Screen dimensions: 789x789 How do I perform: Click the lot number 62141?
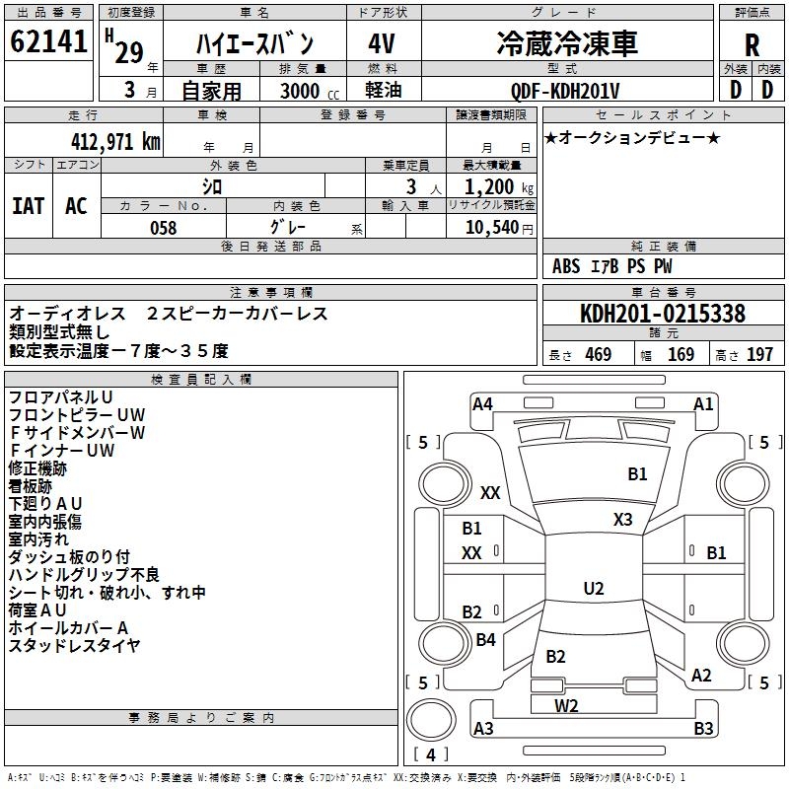(x=48, y=41)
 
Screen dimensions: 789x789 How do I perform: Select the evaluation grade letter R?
(x=752, y=45)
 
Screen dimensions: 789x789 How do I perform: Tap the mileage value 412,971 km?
(x=115, y=142)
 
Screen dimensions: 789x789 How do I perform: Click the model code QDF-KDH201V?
(x=564, y=91)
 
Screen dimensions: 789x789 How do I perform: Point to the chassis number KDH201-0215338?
(x=663, y=314)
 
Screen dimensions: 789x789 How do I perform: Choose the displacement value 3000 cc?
(x=310, y=91)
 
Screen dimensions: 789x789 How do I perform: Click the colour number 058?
(x=164, y=228)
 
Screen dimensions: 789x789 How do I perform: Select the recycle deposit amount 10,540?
(x=492, y=228)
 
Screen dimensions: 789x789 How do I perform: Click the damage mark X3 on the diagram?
(x=622, y=520)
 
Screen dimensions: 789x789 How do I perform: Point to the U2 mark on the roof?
(x=594, y=588)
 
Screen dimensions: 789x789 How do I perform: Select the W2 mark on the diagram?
(x=566, y=706)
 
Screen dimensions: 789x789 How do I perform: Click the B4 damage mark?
(x=485, y=639)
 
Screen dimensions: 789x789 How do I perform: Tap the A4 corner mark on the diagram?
(x=482, y=404)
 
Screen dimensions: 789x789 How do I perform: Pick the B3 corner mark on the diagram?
(x=703, y=728)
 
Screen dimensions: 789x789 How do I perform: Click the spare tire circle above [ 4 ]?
(x=431, y=720)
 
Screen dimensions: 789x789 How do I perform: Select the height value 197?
(x=759, y=354)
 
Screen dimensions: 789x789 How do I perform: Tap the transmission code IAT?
(x=29, y=206)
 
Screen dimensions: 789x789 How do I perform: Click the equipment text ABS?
(x=566, y=266)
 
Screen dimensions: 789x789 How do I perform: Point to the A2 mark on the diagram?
(x=701, y=676)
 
